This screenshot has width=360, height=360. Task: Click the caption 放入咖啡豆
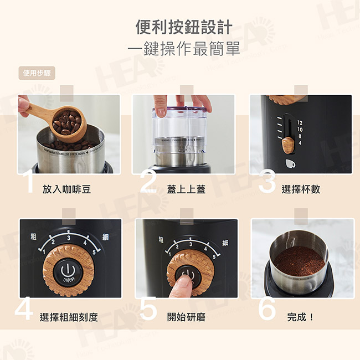click(66, 189)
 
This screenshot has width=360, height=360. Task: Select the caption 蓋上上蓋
click(186, 189)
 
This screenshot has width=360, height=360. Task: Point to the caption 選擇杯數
click(301, 189)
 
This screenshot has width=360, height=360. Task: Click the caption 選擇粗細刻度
click(69, 317)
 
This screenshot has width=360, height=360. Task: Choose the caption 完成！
click(301, 317)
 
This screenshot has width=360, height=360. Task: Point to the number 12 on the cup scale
click(300, 122)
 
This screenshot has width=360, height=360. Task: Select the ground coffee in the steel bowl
click(299, 260)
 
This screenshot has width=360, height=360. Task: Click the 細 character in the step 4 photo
click(106, 237)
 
